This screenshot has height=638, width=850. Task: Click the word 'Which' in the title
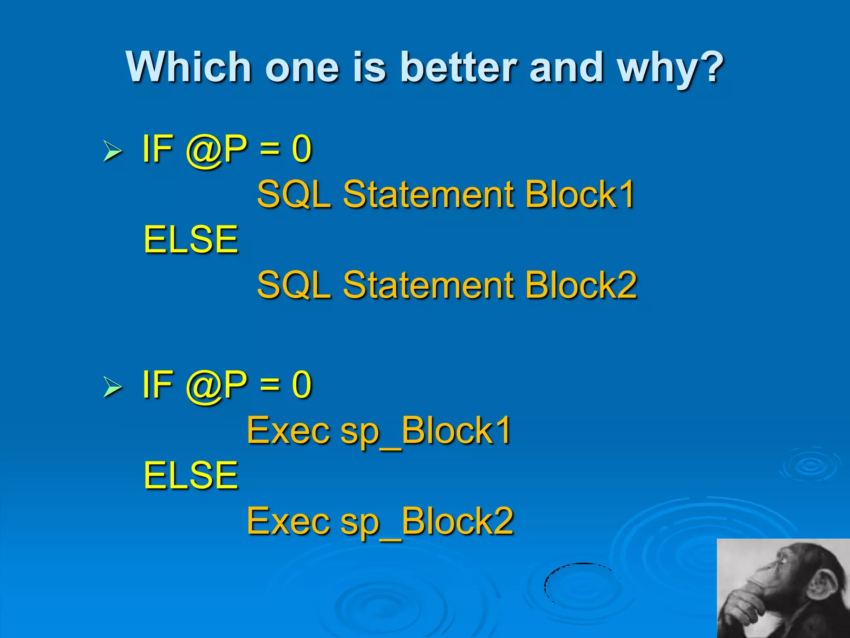point(189,67)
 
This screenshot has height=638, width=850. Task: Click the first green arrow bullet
point(112,151)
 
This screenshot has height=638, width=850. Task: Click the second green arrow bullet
point(112,387)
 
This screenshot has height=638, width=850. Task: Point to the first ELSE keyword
point(191,240)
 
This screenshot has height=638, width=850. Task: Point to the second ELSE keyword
point(191,476)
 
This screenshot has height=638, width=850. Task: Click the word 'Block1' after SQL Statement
point(580,194)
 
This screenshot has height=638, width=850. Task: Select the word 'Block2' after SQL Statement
point(581,285)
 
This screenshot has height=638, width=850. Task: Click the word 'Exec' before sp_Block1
point(288,431)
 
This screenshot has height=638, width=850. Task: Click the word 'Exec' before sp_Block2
point(288,521)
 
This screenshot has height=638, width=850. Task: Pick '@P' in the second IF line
point(216,385)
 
